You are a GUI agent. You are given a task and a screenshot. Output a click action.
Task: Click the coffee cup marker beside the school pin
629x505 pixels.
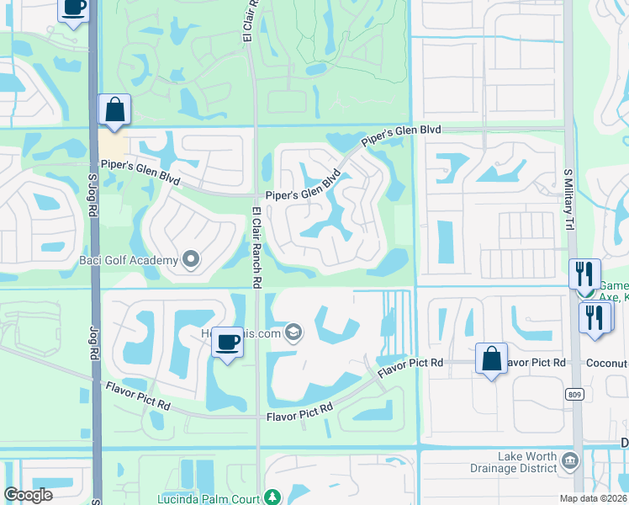click(226, 342)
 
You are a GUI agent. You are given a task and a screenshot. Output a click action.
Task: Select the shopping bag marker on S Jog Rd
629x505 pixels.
click(114, 109)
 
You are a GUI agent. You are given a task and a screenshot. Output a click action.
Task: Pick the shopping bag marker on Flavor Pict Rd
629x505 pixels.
click(491, 359)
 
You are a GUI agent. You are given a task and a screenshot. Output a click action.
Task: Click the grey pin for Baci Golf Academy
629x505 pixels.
click(191, 259)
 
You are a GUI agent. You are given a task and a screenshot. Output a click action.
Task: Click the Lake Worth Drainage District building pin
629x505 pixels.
click(570, 460)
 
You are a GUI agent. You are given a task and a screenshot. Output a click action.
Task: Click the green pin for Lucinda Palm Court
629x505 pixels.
click(271, 497)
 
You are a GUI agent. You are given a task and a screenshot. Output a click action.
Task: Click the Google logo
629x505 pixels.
click(29, 494)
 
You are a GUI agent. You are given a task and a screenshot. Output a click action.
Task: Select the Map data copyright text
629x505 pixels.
click(596, 498)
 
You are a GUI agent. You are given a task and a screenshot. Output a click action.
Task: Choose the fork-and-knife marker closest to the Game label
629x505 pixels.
click(584, 274)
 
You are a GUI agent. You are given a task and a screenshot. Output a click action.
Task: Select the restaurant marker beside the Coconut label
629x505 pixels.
click(595, 317)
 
